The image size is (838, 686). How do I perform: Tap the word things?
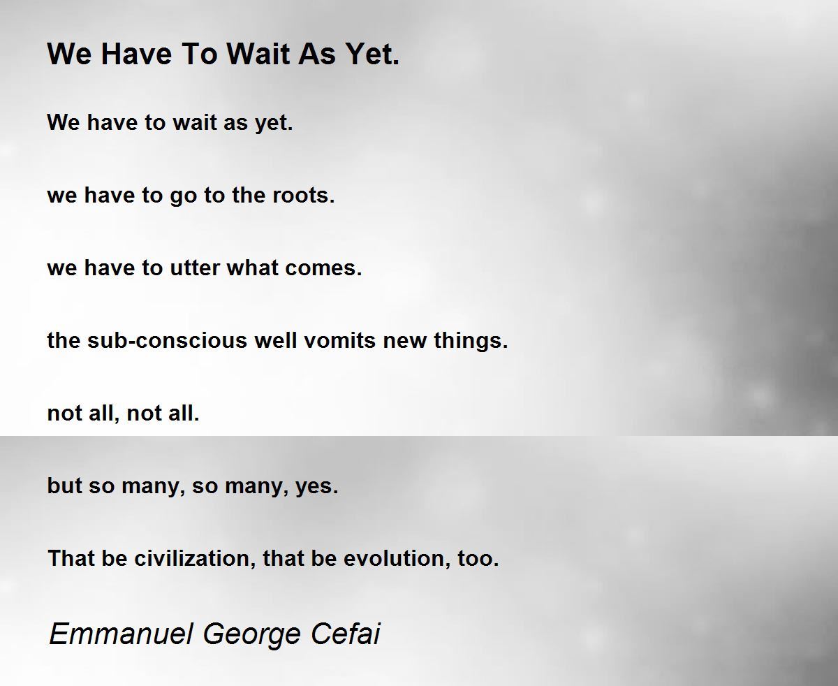pyautogui.click(x=471, y=341)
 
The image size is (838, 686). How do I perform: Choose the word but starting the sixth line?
pyautogui.click(x=64, y=486)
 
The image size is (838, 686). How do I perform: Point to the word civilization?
pyautogui.click(x=195, y=558)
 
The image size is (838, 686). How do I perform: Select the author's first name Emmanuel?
pyautogui.click(x=122, y=634)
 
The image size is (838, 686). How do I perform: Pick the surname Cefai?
pyautogui.click(x=345, y=634)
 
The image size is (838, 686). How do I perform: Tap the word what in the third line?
pyautogui.click(x=252, y=268)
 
